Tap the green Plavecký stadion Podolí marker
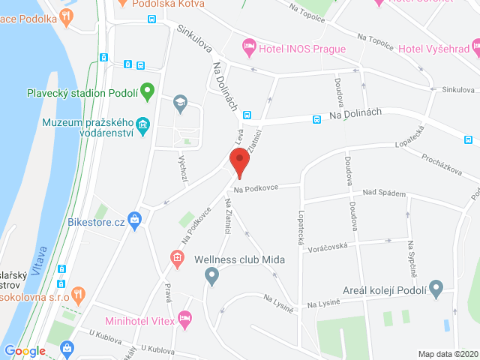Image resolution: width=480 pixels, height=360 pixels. point(148,92)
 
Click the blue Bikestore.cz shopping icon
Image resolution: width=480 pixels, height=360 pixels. point(135,220)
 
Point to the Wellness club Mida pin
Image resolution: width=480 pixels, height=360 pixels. point(211,277)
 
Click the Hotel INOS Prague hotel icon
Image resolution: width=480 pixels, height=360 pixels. point(249,49)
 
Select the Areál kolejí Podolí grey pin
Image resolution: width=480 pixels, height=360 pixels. point(436,288)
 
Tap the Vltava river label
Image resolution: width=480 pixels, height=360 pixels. point(43,258)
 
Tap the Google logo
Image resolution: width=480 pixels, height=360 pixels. point(25,350)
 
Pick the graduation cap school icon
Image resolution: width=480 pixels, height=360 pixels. point(180,101)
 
